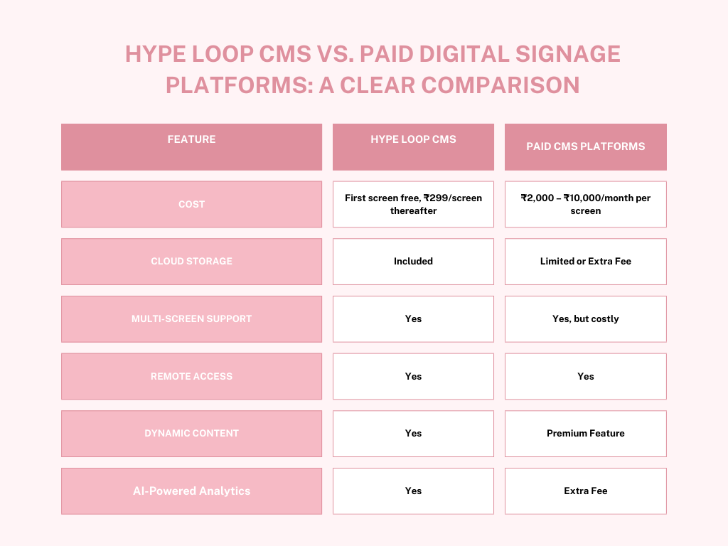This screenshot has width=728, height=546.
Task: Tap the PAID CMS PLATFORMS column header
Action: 586,146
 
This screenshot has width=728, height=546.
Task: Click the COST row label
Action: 191,204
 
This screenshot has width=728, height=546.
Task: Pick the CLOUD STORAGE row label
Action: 191,261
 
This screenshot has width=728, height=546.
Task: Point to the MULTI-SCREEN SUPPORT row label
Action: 191,318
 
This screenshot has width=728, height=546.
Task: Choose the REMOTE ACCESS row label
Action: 191,376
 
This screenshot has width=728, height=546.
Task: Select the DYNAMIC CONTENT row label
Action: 191,433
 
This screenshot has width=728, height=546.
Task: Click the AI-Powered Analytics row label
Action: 191,491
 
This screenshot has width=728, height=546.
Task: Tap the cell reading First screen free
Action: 413,204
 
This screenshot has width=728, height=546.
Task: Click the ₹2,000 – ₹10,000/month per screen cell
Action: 586,204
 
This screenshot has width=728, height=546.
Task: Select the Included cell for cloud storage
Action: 413,261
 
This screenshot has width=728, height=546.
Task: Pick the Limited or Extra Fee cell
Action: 586,261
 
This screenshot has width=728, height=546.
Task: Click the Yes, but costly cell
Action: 586,318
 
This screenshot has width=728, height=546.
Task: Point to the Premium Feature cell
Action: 586,433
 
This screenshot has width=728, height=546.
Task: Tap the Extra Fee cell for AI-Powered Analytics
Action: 586,491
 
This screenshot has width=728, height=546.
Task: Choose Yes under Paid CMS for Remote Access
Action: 586,376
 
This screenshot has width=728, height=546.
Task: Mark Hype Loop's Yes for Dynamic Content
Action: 413,433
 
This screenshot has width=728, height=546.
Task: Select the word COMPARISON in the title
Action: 500,85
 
